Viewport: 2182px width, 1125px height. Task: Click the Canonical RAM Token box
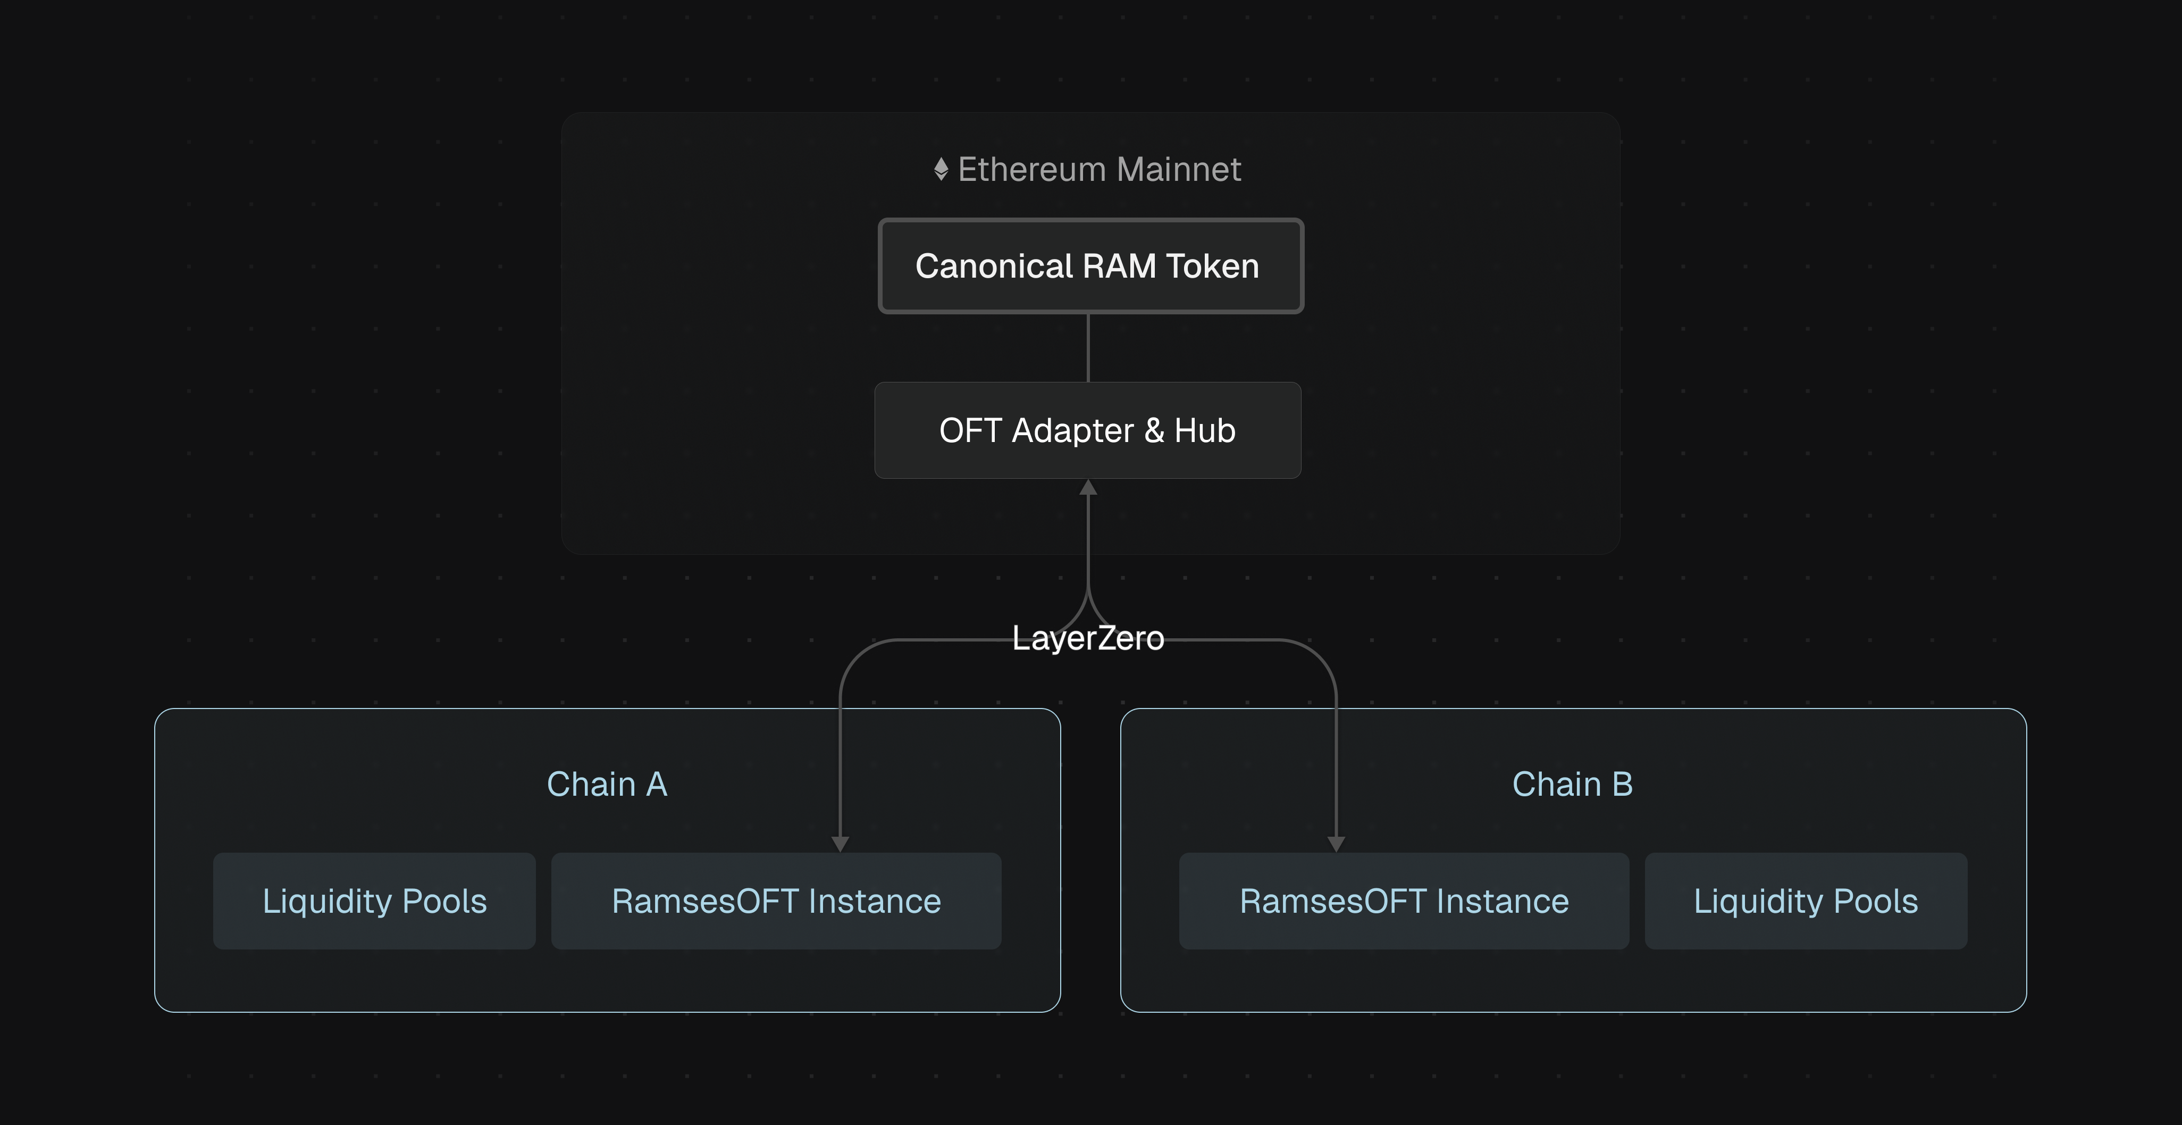pyautogui.click(x=1090, y=266)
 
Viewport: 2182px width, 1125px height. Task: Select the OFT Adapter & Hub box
pyautogui.click(x=1088, y=430)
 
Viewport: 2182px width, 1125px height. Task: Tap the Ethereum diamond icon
pyautogui.click(x=940, y=170)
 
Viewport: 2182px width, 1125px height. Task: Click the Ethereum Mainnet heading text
pyautogui.click(x=1098, y=170)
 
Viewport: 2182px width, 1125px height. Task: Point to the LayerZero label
pyautogui.click(x=1088, y=638)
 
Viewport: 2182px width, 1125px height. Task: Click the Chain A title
pyautogui.click(x=607, y=785)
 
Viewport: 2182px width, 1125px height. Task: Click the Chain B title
pyautogui.click(x=1572, y=785)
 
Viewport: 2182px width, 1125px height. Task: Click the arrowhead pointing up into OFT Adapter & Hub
pyautogui.click(x=1088, y=488)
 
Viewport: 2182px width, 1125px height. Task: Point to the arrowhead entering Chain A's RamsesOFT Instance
pyautogui.click(x=840, y=844)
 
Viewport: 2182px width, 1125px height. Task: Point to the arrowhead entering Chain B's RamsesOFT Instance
pyautogui.click(x=1336, y=844)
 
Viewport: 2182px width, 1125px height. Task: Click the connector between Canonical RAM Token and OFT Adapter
pyautogui.click(x=1088, y=347)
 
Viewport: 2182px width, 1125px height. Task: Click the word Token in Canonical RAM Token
pyautogui.click(x=1212, y=266)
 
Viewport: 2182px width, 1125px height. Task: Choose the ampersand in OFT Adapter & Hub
pyautogui.click(x=1154, y=430)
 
